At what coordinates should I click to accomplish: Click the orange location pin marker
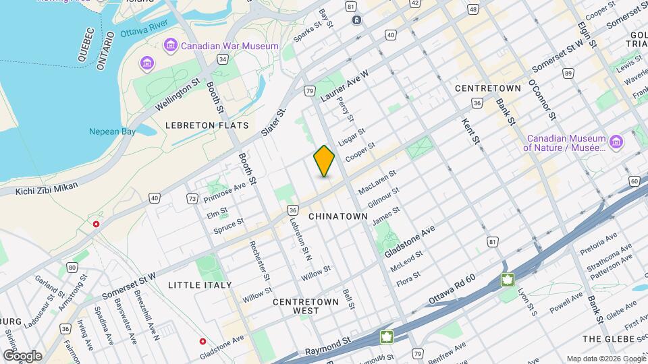324,161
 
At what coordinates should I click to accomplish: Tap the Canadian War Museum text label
230,46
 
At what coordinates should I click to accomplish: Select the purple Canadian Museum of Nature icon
615,142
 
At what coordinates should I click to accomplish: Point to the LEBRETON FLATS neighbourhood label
207,125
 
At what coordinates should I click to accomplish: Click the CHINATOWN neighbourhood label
338,216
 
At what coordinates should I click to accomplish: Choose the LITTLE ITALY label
200,285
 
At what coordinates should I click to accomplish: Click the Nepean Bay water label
113,131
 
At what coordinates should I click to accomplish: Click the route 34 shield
222,59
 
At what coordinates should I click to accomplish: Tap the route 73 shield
193,198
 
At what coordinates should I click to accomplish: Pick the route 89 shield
568,73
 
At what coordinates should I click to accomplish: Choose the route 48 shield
473,9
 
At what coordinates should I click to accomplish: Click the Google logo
22,355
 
